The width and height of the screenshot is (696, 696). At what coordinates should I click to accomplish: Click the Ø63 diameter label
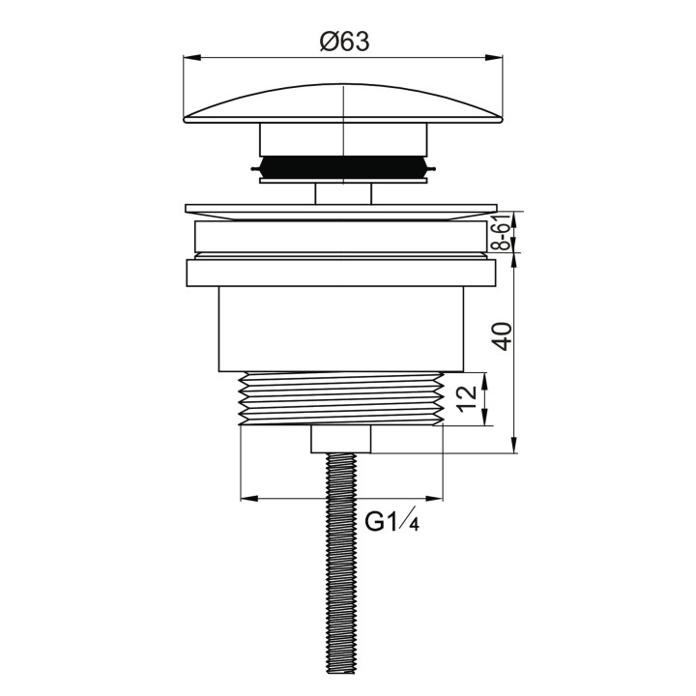click(x=344, y=43)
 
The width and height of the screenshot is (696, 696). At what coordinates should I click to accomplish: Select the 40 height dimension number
click(x=503, y=336)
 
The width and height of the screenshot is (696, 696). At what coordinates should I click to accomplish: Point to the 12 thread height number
click(x=467, y=399)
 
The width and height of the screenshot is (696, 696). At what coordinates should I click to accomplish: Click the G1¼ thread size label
click(x=391, y=521)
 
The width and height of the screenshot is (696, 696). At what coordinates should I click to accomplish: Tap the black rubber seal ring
click(x=343, y=167)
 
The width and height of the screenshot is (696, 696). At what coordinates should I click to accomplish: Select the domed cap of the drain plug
click(x=343, y=103)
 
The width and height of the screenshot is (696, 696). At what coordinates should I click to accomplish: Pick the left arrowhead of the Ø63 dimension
click(x=192, y=57)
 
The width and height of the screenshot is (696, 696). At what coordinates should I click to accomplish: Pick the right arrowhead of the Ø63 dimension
click(x=494, y=57)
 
